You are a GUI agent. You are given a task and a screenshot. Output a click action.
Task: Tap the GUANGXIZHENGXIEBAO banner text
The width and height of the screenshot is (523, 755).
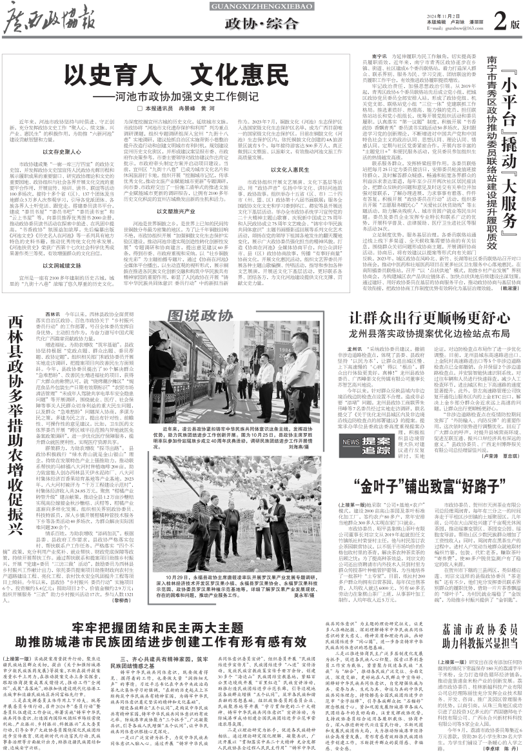click(x=261, y=6)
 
